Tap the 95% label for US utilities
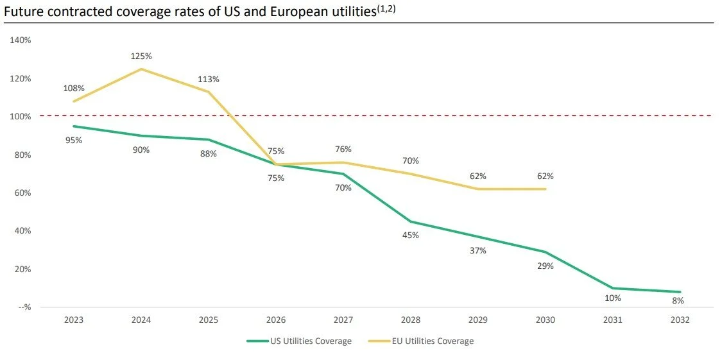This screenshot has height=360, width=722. [x=74, y=140]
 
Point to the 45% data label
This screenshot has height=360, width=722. [x=411, y=235]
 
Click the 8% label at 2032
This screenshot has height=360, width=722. [x=678, y=300]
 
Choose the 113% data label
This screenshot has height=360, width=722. [x=209, y=80]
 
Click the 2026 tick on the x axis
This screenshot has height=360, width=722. [x=276, y=320]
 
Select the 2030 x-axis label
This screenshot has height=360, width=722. [x=546, y=320]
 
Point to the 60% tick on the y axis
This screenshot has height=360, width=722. [x=24, y=193]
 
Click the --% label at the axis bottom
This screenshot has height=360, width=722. [x=24, y=307]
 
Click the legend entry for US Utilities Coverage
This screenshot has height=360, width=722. [x=299, y=341]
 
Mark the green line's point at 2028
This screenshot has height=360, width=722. [x=411, y=221]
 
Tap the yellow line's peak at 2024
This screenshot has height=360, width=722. [x=141, y=69]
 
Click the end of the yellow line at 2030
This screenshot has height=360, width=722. [x=546, y=189]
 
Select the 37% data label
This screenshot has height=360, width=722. [x=478, y=250]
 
